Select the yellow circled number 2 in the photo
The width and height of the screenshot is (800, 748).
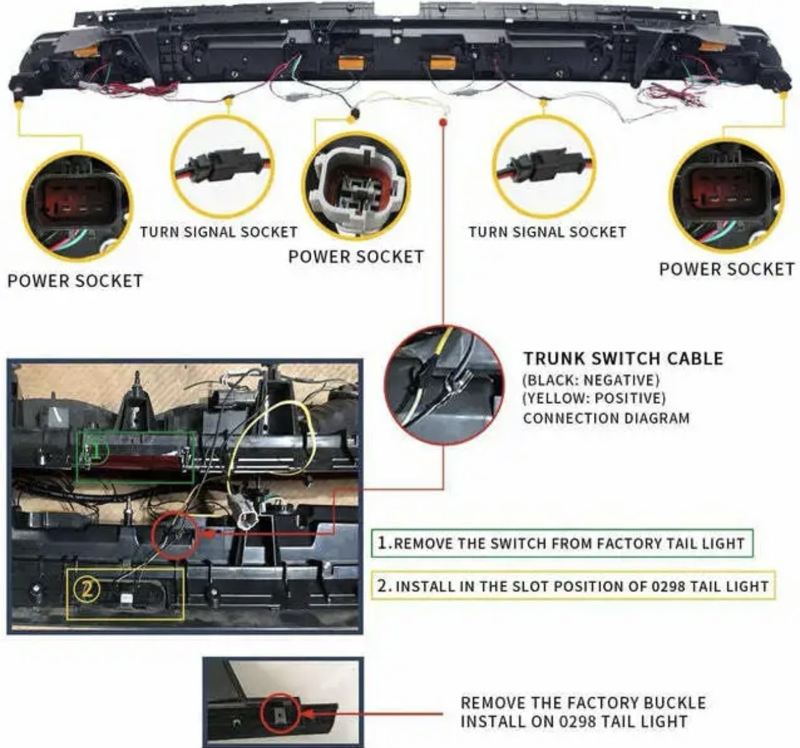(86, 590)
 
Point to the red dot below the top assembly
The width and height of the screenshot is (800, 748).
(443, 121)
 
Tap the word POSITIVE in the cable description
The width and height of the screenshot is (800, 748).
(629, 398)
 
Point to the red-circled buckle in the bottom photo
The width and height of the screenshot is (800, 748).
(280, 713)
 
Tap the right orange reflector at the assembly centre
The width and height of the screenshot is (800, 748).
(443, 63)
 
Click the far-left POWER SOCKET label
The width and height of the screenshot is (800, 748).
(75, 281)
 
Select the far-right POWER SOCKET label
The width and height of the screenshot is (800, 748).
(727, 269)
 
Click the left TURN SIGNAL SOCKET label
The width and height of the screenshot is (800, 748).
(219, 232)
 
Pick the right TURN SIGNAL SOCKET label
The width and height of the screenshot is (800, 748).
(548, 232)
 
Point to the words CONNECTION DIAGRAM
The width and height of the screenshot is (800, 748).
(607, 418)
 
